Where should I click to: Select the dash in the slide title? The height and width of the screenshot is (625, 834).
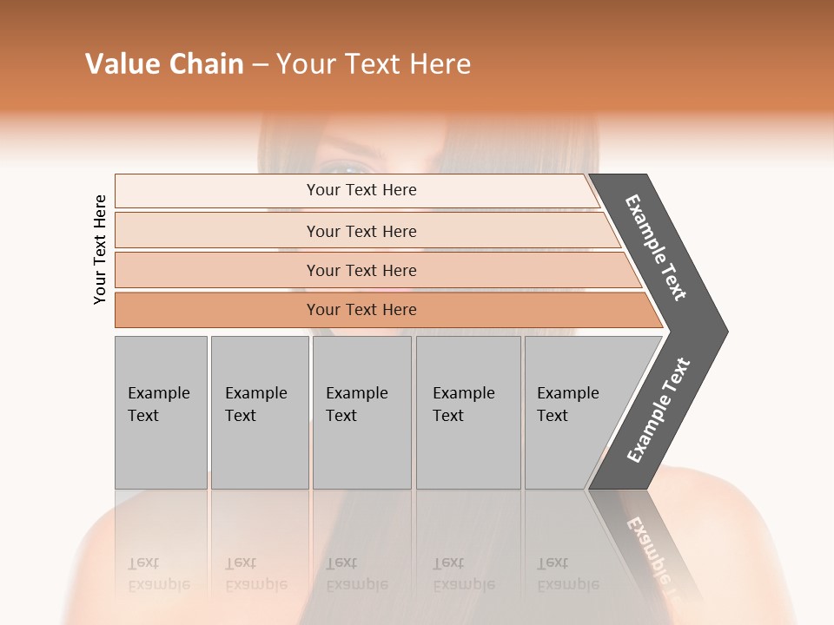[260, 65]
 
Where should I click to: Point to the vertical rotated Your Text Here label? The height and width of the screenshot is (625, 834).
[100, 249]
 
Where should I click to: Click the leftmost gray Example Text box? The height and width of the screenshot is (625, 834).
[161, 412]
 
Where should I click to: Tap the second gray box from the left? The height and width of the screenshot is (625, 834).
[260, 412]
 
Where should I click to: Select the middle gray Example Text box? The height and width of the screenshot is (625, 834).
[361, 412]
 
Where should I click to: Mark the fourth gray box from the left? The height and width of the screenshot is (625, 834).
[468, 412]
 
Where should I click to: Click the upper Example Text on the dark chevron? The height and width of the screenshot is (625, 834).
[656, 247]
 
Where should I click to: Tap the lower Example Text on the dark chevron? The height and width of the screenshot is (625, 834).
[659, 410]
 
